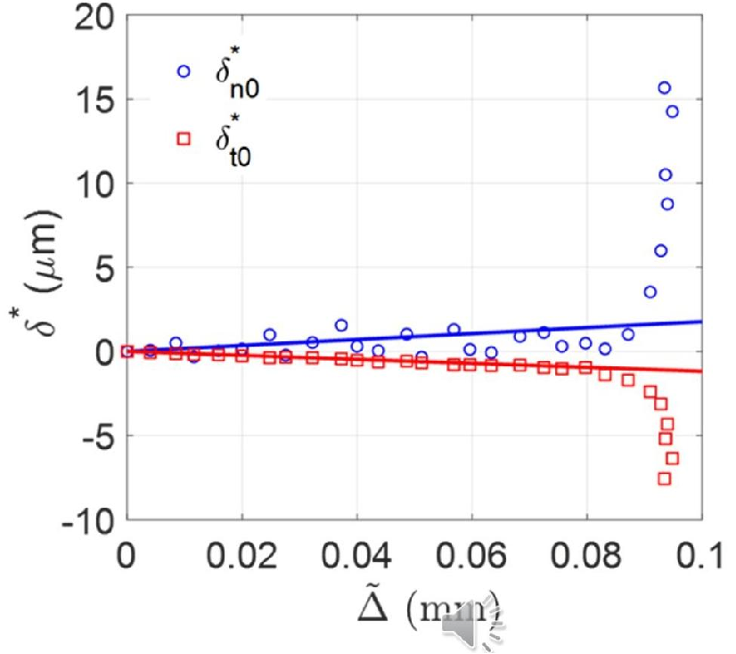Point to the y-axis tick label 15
(93, 100)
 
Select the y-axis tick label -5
(93, 437)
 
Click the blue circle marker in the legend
(184, 71)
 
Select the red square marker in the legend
(184, 138)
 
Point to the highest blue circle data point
(664, 87)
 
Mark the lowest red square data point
(664, 478)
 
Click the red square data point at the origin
(127, 351)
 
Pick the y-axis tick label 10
(93, 184)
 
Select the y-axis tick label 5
(102, 267)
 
